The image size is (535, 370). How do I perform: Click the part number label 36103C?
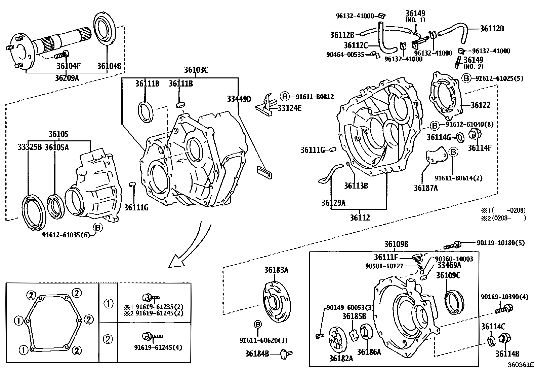click(196, 70)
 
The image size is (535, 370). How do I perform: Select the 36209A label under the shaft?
click(67, 78)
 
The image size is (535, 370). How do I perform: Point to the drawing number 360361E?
click(521, 365)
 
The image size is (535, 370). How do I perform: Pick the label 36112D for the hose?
click(492, 29)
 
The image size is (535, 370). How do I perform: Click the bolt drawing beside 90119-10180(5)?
click(452, 244)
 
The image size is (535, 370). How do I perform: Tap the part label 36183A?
click(276, 270)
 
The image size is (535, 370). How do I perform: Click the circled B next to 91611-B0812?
click(285, 97)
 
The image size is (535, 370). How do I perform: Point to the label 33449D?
click(239, 99)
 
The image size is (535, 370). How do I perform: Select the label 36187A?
click(425, 188)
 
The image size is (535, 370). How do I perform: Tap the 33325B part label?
click(30, 147)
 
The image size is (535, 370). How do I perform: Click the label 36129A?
click(333, 202)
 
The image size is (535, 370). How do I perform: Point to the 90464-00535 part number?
click(345, 54)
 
